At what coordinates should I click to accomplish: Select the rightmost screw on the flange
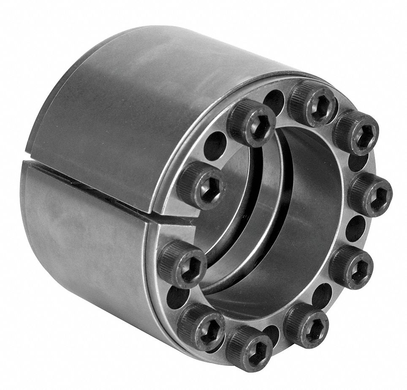pyautogui.click(x=370, y=195)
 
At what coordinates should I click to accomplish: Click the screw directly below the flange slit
pyautogui.click(x=182, y=263)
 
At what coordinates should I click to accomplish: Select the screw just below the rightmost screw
pyautogui.click(x=351, y=266)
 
